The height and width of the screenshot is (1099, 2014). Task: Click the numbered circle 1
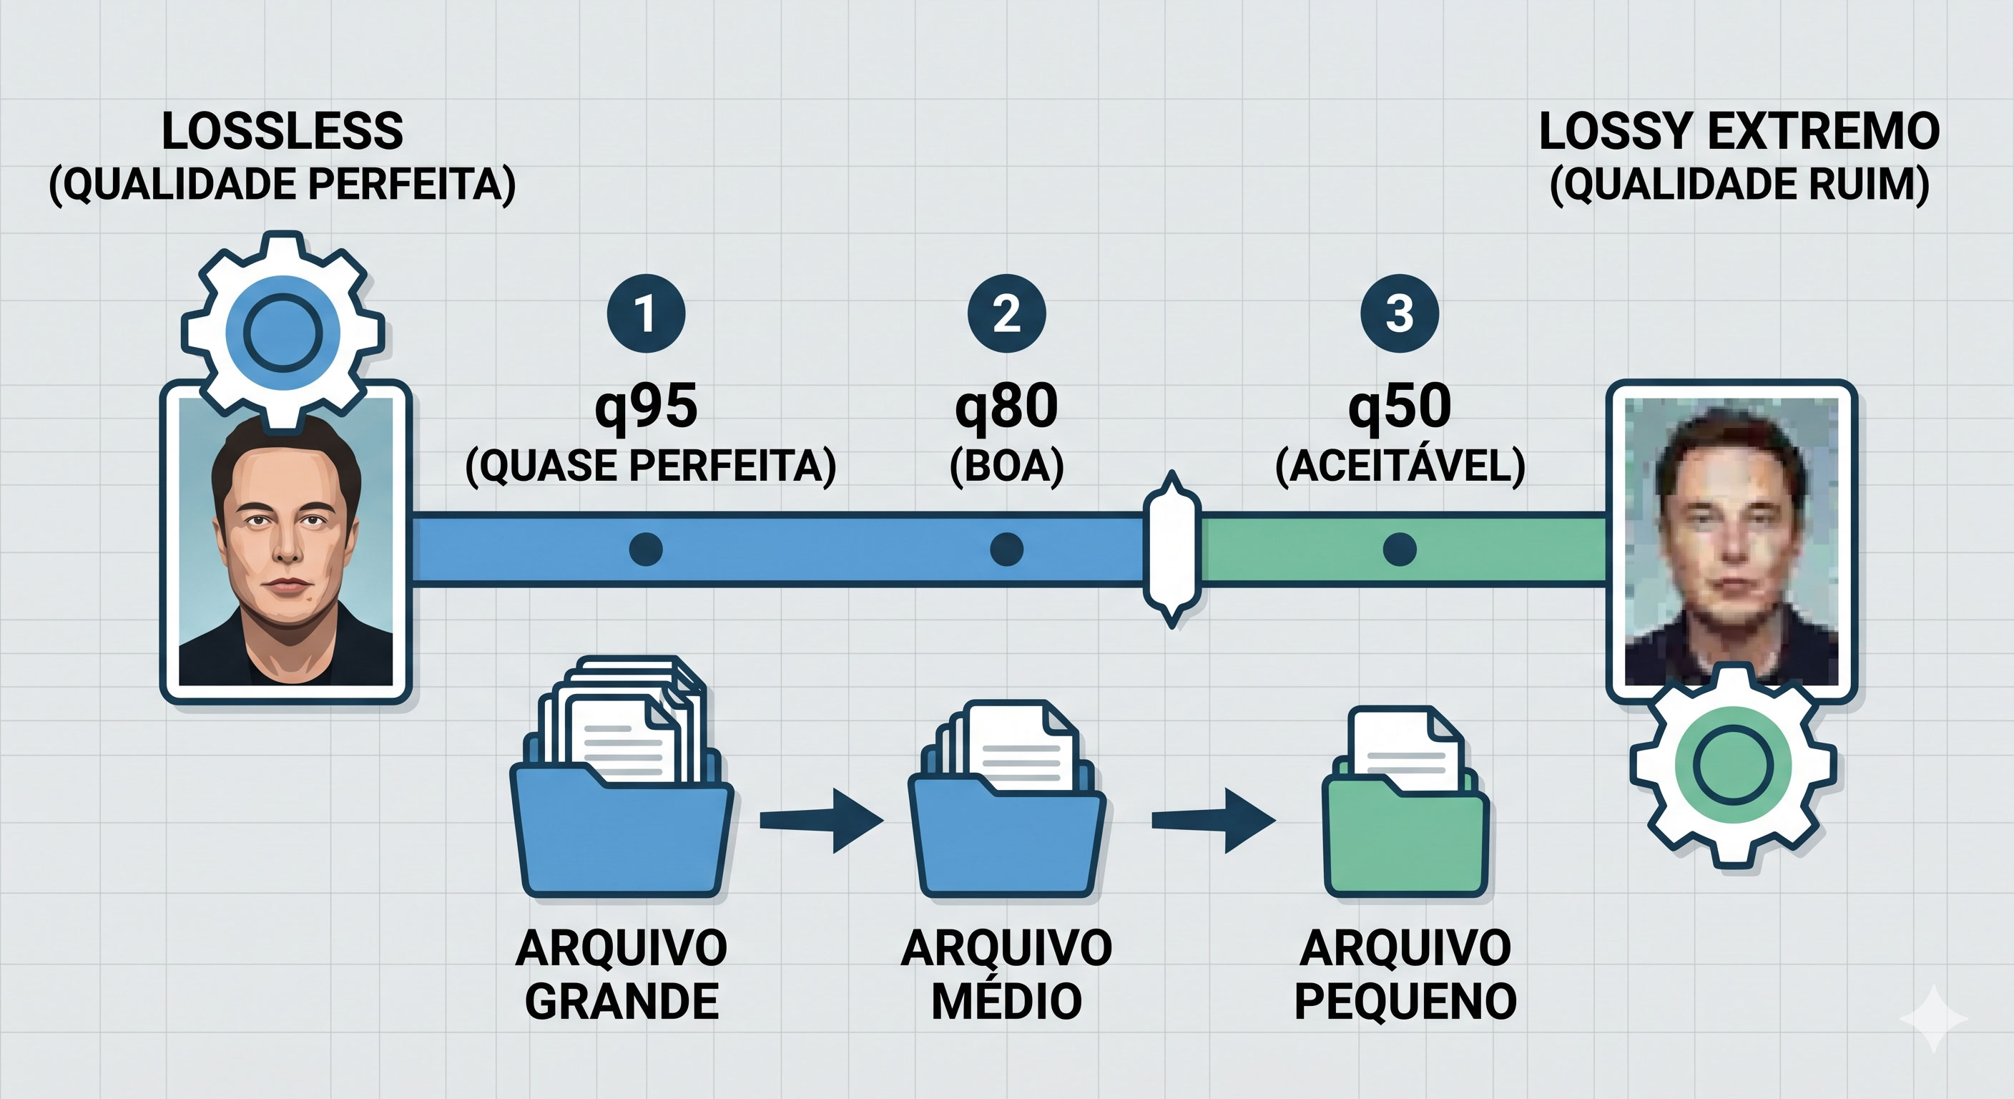click(646, 313)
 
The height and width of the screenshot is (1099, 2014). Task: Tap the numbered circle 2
click(1006, 313)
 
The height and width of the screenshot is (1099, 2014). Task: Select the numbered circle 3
click(1400, 313)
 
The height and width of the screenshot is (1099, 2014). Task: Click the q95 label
click(646, 406)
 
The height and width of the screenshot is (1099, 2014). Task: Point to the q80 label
click(1006, 406)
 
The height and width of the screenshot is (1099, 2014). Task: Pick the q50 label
click(1400, 406)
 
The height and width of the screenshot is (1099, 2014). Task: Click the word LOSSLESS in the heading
click(283, 132)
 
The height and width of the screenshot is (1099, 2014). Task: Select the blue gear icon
click(283, 333)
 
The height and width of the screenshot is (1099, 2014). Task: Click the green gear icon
click(1732, 764)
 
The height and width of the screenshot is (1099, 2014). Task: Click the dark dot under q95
click(646, 549)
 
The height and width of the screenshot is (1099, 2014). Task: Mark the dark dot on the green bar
click(1400, 549)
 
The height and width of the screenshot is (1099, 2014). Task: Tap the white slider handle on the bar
click(1171, 549)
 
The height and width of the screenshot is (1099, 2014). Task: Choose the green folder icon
click(1405, 829)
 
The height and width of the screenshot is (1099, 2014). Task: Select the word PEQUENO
click(1405, 1001)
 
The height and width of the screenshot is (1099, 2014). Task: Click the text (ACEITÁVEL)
click(1400, 467)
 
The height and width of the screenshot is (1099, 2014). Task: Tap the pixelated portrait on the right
click(1731, 542)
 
